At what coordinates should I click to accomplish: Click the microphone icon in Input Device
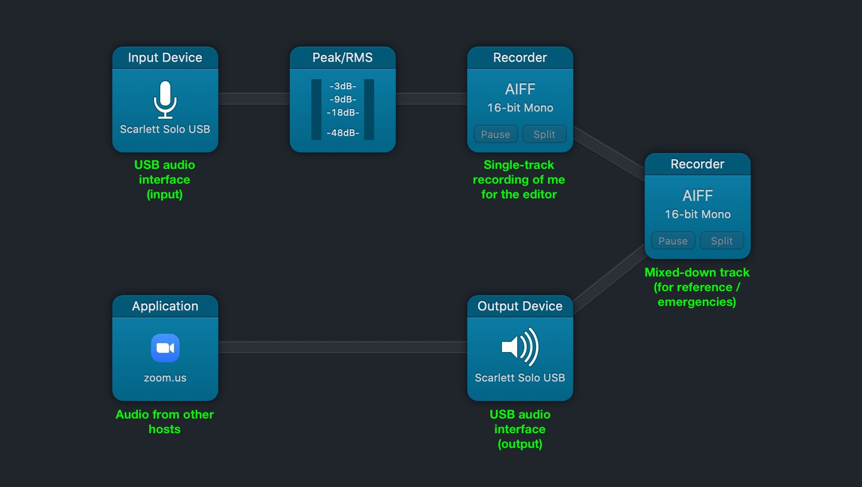coord(165,99)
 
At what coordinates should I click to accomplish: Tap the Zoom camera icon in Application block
coord(165,348)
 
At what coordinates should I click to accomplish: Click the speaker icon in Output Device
coord(520,347)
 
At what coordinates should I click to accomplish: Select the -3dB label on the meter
coord(343,86)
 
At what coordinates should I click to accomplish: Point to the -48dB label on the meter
coord(343,133)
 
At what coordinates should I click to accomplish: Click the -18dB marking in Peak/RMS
coord(343,113)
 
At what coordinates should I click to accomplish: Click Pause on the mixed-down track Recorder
coord(673,241)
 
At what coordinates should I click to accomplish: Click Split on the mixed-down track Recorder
coord(722,241)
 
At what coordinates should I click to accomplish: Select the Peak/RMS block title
coord(342,58)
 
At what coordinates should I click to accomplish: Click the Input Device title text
coord(165,58)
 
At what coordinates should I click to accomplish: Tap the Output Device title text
coord(520,306)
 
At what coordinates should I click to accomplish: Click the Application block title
coord(165,306)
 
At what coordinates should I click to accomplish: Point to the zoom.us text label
coord(165,378)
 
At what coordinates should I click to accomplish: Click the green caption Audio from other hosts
coord(165,422)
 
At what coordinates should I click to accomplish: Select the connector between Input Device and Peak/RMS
coord(254,98)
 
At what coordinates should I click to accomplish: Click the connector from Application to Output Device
coord(342,347)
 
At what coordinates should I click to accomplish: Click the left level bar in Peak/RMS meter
coord(316,109)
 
